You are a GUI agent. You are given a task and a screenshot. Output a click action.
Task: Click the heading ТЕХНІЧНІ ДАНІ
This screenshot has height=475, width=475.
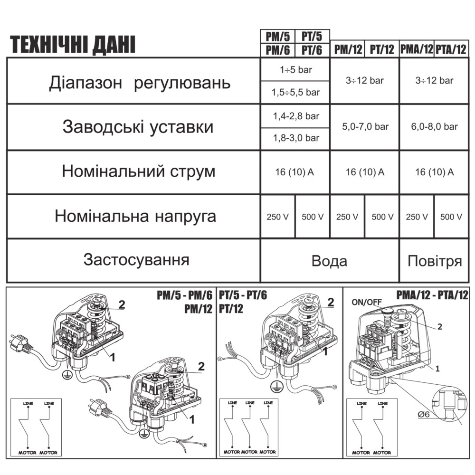[73, 45]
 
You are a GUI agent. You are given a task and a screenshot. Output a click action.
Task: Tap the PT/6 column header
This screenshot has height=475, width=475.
[312, 50]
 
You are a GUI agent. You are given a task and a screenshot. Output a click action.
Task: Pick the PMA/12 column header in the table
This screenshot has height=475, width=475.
[417, 50]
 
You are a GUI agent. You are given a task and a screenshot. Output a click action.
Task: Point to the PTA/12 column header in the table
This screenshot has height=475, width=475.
[451, 50]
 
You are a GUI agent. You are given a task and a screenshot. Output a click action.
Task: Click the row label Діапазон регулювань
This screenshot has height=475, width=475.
[140, 83]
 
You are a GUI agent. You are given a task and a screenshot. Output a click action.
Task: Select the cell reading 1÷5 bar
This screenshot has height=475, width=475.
[295, 69]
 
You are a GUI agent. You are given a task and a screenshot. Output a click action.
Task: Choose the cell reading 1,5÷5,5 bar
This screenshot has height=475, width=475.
[295, 93]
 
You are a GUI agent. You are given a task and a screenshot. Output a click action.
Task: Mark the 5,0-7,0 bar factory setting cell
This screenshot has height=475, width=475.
[364, 127]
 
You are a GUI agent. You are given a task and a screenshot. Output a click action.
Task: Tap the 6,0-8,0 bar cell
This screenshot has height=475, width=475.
[434, 127]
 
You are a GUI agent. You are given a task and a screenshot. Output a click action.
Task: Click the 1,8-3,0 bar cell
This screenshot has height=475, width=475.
[295, 139]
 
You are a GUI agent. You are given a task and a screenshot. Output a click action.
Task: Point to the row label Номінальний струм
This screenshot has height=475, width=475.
[138, 171]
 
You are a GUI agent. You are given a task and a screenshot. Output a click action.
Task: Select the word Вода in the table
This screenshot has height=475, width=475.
[329, 261]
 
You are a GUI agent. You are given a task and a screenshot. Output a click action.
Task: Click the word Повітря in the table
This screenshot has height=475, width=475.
[434, 261]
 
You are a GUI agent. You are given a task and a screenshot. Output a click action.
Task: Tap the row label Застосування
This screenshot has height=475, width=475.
[136, 260]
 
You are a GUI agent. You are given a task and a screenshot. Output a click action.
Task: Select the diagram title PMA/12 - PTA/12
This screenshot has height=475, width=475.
[432, 295]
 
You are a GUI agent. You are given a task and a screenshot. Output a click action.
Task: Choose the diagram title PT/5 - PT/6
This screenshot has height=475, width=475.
[243, 295]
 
